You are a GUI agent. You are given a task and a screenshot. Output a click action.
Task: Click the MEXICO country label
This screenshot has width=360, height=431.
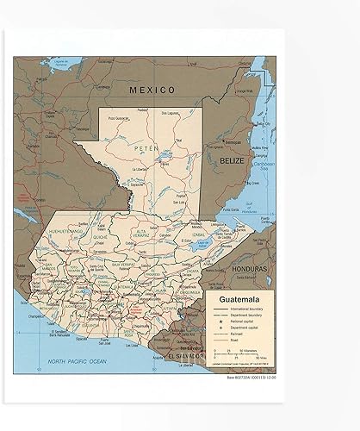point(152,90)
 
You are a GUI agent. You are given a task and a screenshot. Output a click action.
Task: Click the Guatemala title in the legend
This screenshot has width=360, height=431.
point(235,299)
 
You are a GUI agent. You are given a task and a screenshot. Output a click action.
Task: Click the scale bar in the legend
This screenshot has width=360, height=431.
point(235,355)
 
